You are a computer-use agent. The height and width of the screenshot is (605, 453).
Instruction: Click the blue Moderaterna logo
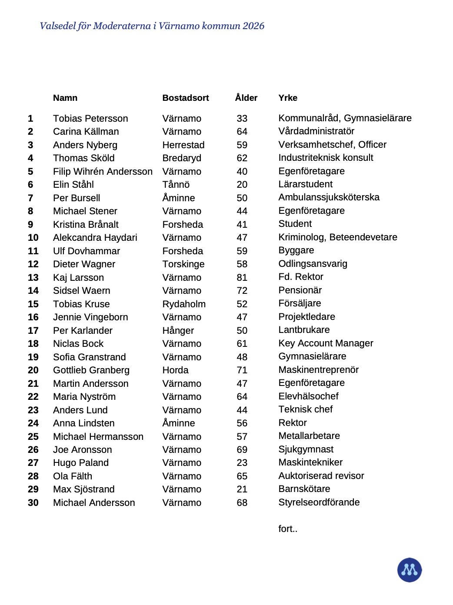click(x=410, y=570)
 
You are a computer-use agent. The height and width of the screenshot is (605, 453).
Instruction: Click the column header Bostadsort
click(x=186, y=98)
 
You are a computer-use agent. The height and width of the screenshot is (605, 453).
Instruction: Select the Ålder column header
click(x=246, y=98)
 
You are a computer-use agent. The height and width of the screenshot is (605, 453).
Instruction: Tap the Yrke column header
click(x=288, y=98)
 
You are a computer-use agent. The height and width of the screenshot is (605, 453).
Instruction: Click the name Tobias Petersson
click(x=90, y=119)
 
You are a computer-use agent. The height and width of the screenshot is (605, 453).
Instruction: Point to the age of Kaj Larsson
click(x=242, y=278)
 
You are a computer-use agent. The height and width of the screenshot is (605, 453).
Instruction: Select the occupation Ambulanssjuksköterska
click(x=329, y=197)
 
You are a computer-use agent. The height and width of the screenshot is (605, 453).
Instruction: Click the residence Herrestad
click(x=183, y=145)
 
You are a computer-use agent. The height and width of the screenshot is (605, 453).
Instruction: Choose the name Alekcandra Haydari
click(x=95, y=238)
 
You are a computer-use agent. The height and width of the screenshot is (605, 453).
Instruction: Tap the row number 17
click(x=33, y=331)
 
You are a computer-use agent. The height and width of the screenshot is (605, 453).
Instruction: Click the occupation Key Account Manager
click(x=326, y=343)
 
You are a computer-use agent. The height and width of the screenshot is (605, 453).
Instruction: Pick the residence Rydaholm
click(x=184, y=304)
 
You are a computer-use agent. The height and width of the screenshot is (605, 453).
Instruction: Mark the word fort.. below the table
click(x=288, y=529)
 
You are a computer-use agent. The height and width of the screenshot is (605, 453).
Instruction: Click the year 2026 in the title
click(x=253, y=26)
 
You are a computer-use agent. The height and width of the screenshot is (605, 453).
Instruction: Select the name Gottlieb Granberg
click(x=91, y=370)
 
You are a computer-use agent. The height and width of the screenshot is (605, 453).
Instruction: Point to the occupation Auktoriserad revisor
click(x=321, y=476)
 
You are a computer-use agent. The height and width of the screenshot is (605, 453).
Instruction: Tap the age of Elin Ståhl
click(x=242, y=185)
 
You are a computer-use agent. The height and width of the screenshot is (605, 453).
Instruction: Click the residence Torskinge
click(x=183, y=264)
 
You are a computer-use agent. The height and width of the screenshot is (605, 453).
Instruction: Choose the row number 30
click(x=33, y=503)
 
